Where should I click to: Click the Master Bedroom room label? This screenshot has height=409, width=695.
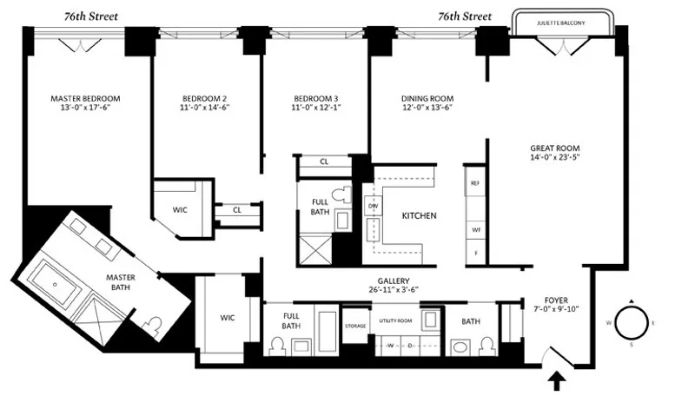tap(84, 98)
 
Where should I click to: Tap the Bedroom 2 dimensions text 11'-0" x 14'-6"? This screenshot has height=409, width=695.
tap(205, 109)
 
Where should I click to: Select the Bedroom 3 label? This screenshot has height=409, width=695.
tap(314, 98)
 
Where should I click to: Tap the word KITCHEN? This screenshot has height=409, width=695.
tap(419, 215)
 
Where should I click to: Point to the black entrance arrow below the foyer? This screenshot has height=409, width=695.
tap(557, 379)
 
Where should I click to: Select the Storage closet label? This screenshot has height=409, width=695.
tap(354, 327)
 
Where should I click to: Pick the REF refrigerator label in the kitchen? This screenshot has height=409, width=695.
tap(474, 183)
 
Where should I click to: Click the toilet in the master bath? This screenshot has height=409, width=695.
tap(154, 327)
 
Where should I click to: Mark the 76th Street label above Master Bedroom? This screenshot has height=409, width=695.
tap(91, 16)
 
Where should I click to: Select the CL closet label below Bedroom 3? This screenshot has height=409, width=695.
tap(323, 162)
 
